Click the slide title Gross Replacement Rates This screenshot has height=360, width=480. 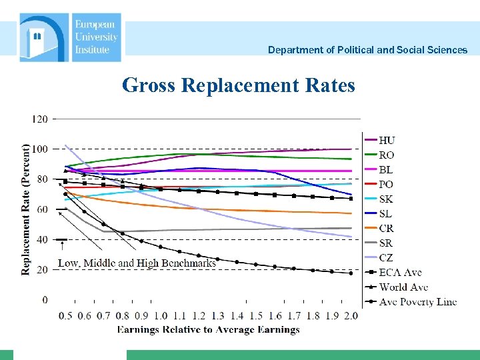(239, 85)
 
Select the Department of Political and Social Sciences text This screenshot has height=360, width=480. (367, 50)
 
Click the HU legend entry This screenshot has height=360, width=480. (387, 140)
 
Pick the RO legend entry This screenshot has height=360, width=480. (387, 155)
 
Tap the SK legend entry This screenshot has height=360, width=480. (386, 199)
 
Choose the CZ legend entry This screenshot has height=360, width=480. (386, 257)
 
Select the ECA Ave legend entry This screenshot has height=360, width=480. (400, 272)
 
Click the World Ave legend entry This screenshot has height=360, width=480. (403, 287)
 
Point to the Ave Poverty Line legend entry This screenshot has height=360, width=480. (417, 301)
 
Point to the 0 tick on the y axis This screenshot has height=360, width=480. (45, 300)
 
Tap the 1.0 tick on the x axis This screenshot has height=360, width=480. (160, 316)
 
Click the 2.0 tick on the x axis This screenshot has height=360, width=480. (351, 316)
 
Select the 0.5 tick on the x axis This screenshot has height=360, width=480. (65, 316)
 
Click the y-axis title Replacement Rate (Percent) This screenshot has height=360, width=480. (26, 209)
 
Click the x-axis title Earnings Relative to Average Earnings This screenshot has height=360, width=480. (208, 329)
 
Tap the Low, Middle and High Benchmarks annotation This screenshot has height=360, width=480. (137, 263)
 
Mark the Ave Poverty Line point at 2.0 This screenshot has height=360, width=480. (351, 273)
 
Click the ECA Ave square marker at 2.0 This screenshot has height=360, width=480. (351, 198)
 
